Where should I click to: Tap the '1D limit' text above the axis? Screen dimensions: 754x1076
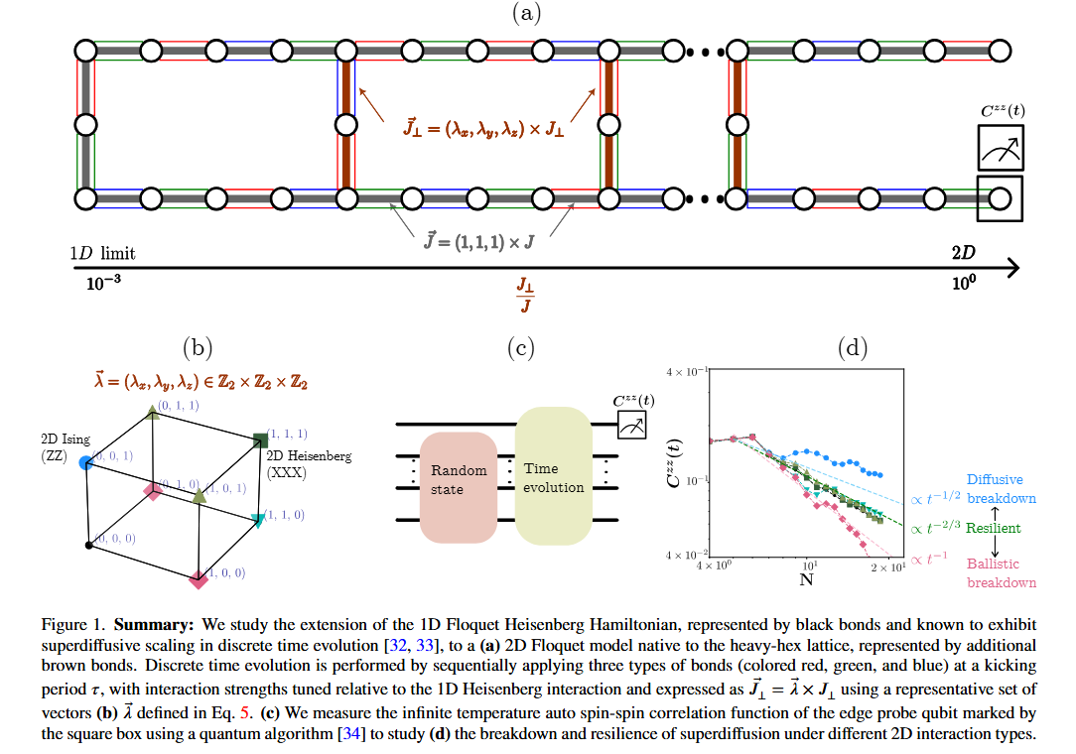click(x=104, y=253)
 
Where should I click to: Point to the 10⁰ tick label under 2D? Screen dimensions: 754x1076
click(x=964, y=282)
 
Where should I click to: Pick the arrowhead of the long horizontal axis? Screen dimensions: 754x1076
click(x=1013, y=268)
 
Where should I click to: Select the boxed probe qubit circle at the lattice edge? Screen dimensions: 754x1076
click(x=1000, y=197)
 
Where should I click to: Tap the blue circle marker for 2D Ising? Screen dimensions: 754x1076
click(x=86, y=463)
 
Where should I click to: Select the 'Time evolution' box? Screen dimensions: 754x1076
click(x=555, y=476)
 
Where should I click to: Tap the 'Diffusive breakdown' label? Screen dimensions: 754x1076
click(x=1001, y=489)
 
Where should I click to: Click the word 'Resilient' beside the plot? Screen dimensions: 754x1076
click(x=993, y=528)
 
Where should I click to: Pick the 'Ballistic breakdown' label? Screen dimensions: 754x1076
click(x=1001, y=572)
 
